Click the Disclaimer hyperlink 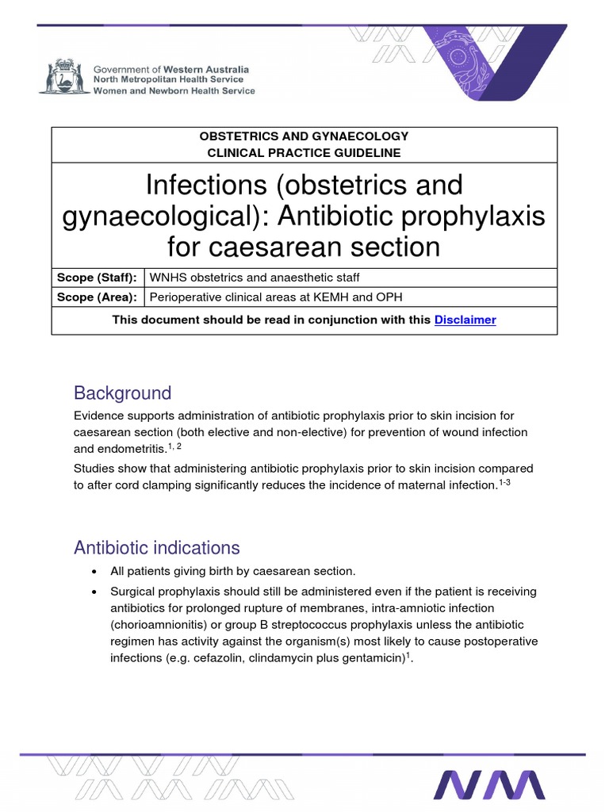click(x=465, y=320)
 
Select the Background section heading click(x=122, y=393)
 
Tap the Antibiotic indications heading click(x=156, y=547)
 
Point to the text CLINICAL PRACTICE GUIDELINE click(x=304, y=152)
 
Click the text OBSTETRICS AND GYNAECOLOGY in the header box click(x=304, y=136)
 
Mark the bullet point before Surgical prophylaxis click(x=95, y=592)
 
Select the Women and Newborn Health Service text click(x=174, y=91)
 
